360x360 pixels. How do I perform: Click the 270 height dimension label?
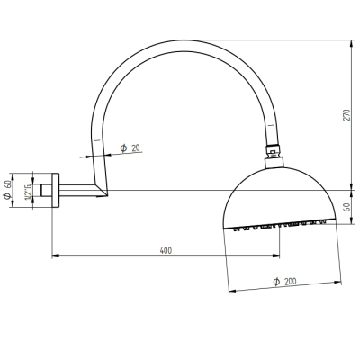pos(346,115)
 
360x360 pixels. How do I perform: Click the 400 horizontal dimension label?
pos(166,250)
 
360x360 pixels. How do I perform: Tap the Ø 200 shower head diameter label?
pos(284,282)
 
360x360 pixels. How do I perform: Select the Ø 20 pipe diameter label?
pos(130,148)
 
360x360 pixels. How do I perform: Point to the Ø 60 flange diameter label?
pos(8,190)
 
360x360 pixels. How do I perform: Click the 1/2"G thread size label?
pos(29,190)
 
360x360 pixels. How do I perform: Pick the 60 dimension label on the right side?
pos(346,207)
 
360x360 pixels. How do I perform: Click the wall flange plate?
pos(56,190)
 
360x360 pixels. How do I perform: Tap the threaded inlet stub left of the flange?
pos(46,190)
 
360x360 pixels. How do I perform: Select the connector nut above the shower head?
pos(273,151)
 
